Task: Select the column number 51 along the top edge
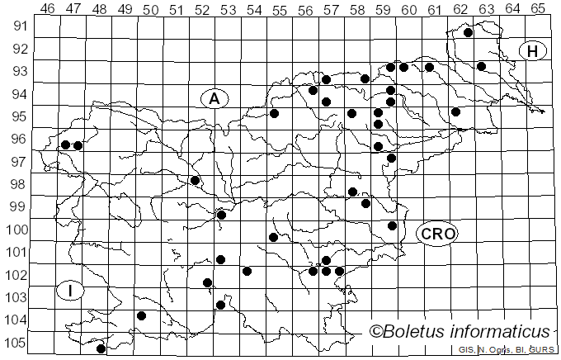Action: coord(176,9)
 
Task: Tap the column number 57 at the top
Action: coord(331,9)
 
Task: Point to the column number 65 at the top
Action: coord(537,9)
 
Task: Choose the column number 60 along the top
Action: coord(408,9)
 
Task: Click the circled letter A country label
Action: coord(214,99)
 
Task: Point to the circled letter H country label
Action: coord(533,51)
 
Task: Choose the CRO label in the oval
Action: coord(437,234)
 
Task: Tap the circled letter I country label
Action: coord(70,291)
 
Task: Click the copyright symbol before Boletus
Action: coord(376,332)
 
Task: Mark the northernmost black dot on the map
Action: coord(468,33)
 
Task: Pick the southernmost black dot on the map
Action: coord(101,348)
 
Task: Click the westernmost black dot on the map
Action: coord(65,144)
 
